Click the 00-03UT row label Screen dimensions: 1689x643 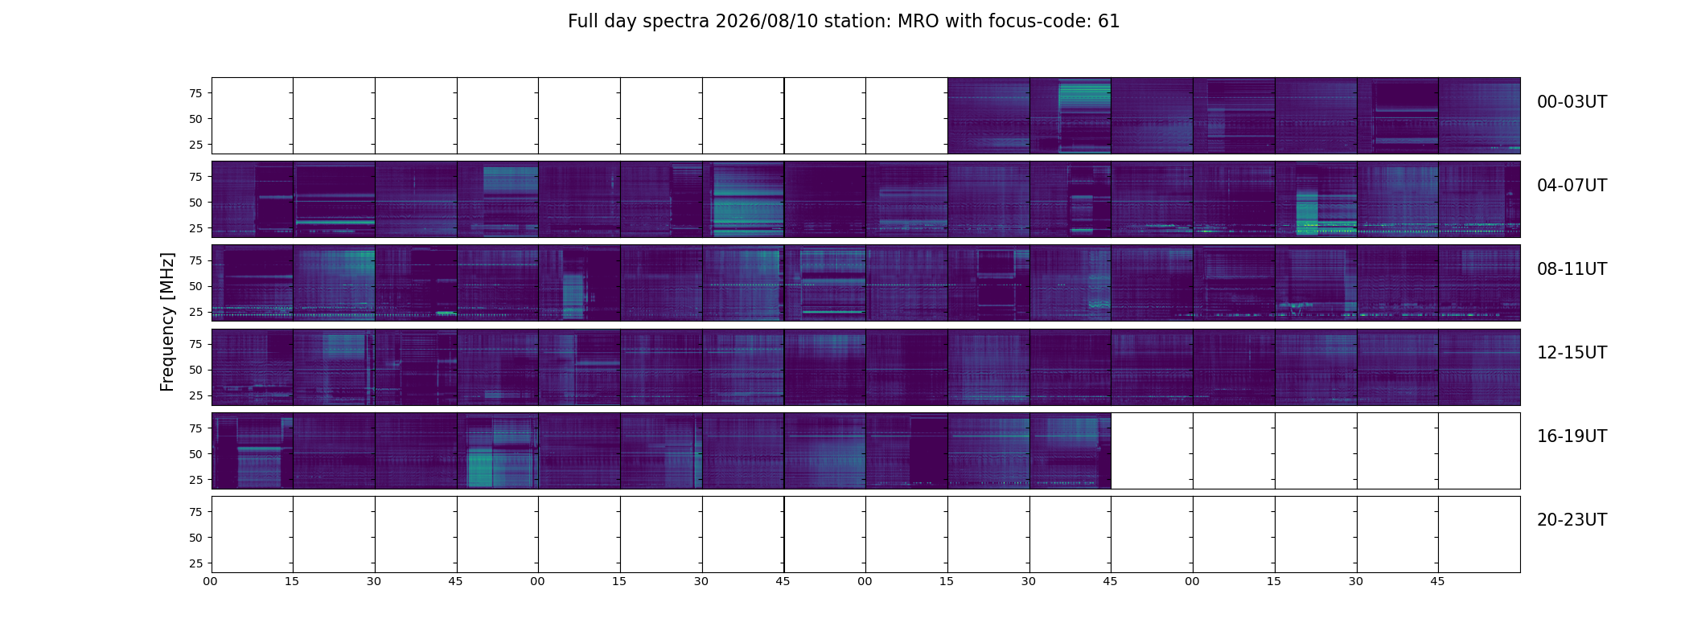coord(1572,102)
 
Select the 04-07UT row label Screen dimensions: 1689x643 coord(1572,186)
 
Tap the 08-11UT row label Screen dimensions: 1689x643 coord(1572,269)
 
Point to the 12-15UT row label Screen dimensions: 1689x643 coord(1572,353)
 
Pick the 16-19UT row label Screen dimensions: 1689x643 coord(1572,436)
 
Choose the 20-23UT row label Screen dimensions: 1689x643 coord(1572,520)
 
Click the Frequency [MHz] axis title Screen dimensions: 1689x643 coord(167,321)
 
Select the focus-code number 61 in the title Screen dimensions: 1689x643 coord(1109,22)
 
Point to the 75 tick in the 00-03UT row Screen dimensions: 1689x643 coord(195,93)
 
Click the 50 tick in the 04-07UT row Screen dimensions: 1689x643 coord(195,203)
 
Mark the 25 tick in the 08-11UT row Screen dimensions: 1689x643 coord(195,312)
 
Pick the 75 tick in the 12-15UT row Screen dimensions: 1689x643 coord(195,344)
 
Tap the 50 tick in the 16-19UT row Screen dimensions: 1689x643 coord(195,454)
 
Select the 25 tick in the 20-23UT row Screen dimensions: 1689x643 coord(195,563)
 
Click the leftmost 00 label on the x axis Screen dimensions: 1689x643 coord(210,581)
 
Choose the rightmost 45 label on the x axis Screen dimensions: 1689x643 coord(1437,581)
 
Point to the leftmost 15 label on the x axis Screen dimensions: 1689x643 coord(292,581)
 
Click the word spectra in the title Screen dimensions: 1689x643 coord(675,23)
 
